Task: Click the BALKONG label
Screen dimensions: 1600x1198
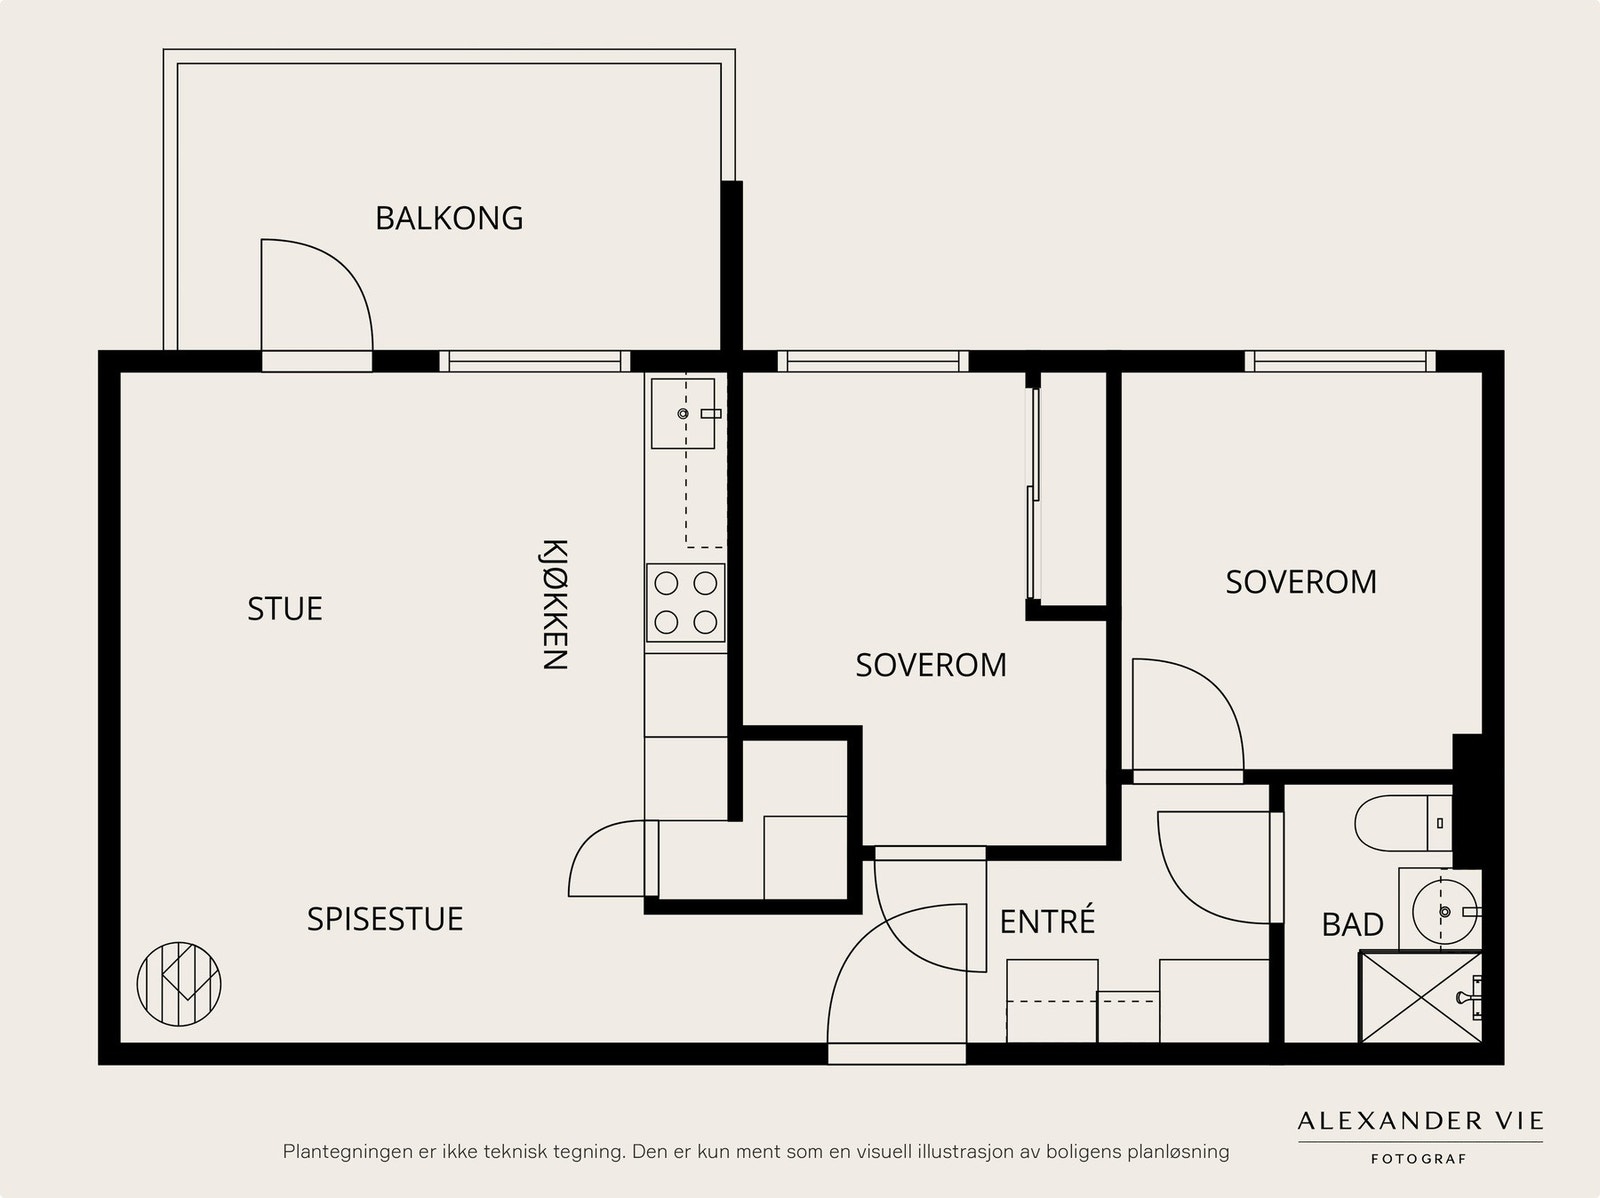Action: (449, 218)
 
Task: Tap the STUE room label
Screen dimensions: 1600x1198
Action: (285, 608)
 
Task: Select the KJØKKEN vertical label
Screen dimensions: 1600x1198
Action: (555, 604)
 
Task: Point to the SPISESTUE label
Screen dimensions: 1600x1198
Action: (385, 919)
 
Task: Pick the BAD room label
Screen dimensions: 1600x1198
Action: (1353, 925)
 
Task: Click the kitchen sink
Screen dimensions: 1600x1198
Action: (683, 413)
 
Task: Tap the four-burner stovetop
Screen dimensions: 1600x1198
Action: (686, 603)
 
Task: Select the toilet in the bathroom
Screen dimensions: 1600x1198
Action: (1403, 823)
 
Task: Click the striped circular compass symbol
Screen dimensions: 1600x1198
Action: (179, 984)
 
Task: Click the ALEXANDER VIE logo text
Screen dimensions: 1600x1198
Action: (1421, 1121)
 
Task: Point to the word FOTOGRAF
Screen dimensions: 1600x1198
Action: (1419, 1159)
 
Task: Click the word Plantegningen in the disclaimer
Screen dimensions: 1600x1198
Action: (344, 1152)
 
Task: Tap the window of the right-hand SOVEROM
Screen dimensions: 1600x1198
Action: (1340, 361)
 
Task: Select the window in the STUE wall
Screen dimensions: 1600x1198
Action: (534, 361)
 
